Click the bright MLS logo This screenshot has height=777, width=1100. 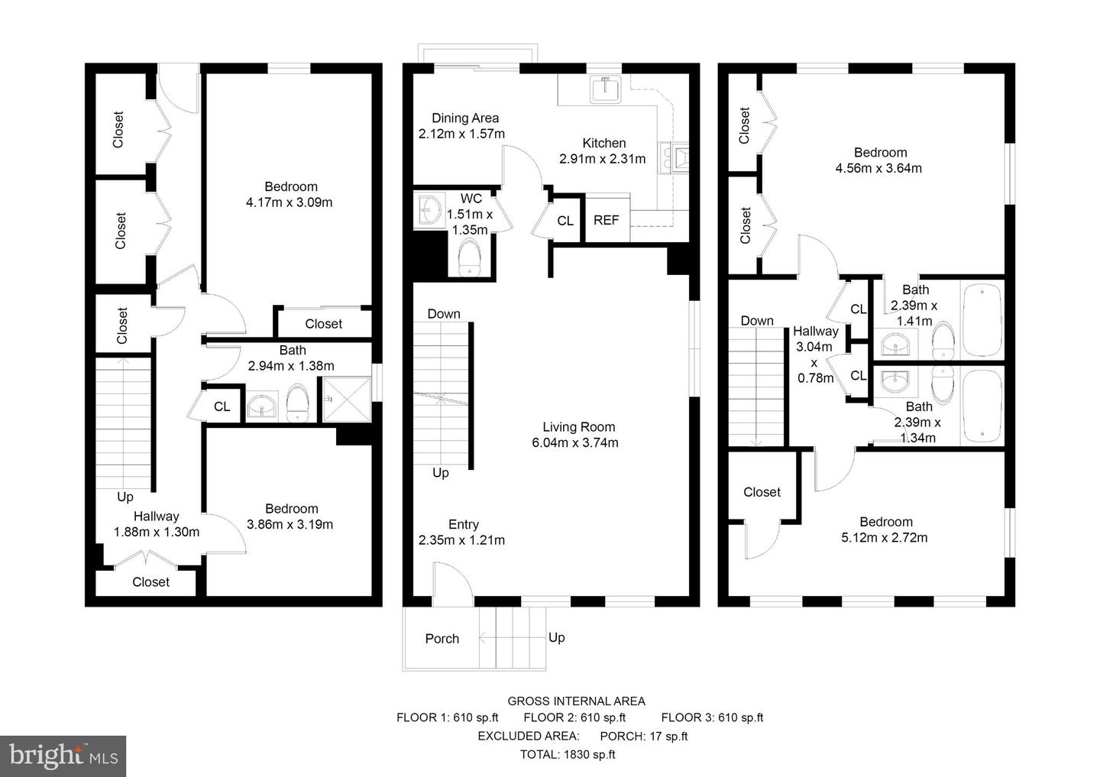pyautogui.click(x=63, y=756)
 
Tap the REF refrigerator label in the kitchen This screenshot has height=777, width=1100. pyautogui.click(x=606, y=220)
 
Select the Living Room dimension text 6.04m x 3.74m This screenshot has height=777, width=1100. pyautogui.click(x=575, y=442)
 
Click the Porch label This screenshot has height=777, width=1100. pyautogui.click(x=442, y=639)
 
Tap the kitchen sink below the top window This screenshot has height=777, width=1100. pyautogui.click(x=607, y=89)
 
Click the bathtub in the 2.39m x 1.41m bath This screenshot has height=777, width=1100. pyautogui.click(x=982, y=319)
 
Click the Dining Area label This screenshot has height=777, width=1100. pyautogui.click(x=465, y=118)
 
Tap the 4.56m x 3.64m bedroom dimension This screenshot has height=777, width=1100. pyautogui.click(x=878, y=168)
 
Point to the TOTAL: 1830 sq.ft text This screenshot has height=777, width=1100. pyautogui.click(x=568, y=755)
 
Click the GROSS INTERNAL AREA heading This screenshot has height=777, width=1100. pyautogui.click(x=576, y=701)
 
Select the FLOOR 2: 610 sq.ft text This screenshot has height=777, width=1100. pyautogui.click(x=574, y=717)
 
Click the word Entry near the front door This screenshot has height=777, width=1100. pyautogui.click(x=463, y=524)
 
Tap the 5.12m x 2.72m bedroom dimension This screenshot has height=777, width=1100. pyautogui.click(x=885, y=537)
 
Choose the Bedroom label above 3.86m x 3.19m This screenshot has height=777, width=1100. pyautogui.click(x=291, y=509)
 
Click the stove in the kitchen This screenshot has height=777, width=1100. pyautogui.click(x=677, y=159)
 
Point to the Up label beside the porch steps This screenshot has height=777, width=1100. pyautogui.click(x=556, y=637)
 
